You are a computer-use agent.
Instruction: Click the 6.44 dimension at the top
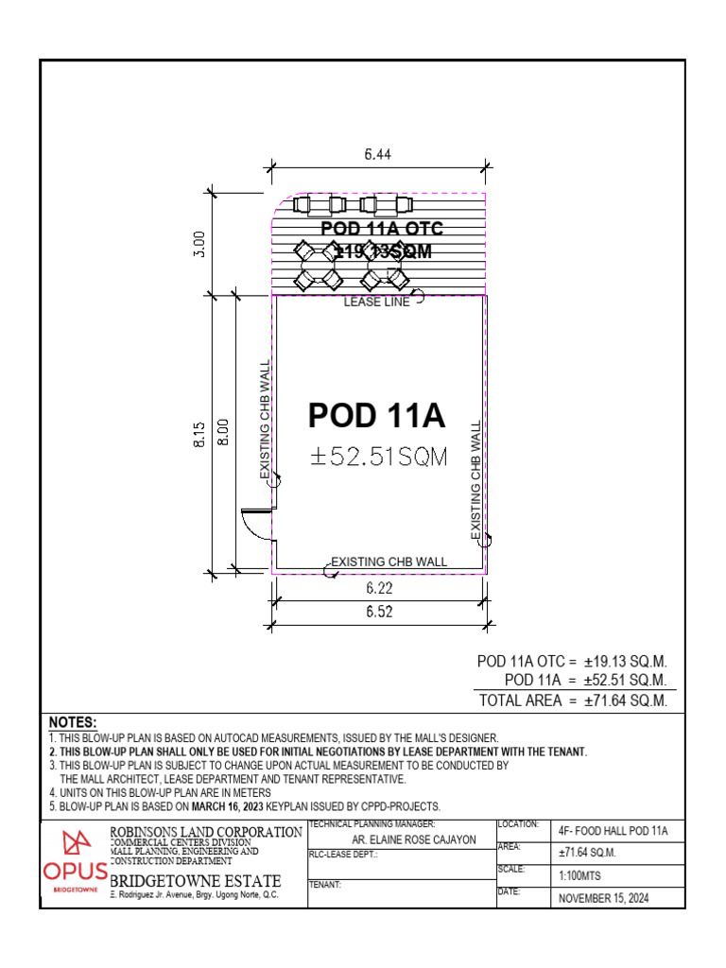(x=378, y=153)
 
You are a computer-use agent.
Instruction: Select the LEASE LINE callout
(x=376, y=302)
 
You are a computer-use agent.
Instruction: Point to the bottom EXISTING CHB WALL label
(x=389, y=562)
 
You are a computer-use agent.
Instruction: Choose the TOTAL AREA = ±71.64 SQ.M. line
(x=573, y=700)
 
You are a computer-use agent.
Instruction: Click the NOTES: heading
(x=73, y=722)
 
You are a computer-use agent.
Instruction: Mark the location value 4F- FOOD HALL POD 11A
(x=614, y=831)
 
